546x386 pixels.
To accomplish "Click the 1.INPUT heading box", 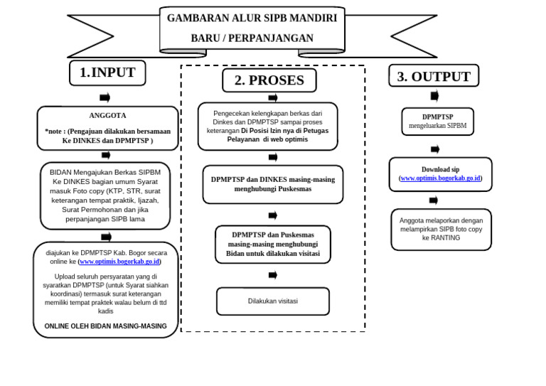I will click(x=107, y=73).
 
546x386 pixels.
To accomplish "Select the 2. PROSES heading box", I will click(x=269, y=80).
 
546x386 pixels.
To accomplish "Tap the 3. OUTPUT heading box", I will click(x=434, y=76).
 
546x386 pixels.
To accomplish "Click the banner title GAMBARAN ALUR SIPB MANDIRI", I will click(x=252, y=18).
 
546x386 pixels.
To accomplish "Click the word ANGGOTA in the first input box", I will click(x=107, y=115).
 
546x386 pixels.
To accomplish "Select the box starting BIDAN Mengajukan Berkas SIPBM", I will click(x=105, y=195).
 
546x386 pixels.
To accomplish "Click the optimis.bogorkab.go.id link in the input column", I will click(x=119, y=262).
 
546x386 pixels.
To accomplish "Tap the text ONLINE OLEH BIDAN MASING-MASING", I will click(x=106, y=326).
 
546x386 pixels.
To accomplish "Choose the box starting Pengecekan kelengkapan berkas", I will click(x=267, y=127).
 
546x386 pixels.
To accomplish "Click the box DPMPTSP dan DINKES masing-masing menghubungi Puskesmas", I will click(x=273, y=185).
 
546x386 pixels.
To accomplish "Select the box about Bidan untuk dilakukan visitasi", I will click(x=273, y=245).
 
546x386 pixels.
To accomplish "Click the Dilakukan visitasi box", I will click(x=273, y=301).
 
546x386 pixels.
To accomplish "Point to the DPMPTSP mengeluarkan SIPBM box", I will click(x=437, y=122).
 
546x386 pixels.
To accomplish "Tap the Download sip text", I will click(x=440, y=169).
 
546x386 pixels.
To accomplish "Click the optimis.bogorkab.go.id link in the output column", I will click(x=441, y=178).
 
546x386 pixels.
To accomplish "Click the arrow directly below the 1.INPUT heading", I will click(x=105, y=97).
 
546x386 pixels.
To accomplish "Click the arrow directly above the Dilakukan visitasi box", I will click(x=273, y=275).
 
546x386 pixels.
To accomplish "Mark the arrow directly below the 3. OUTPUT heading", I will click(x=434, y=96).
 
